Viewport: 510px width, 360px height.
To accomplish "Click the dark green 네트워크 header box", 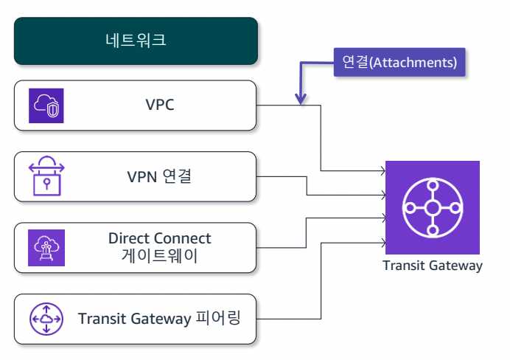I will [x=136, y=40].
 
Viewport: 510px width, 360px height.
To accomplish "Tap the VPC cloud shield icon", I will [x=46, y=105].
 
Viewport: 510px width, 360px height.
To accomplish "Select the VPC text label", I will [x=159, y=104].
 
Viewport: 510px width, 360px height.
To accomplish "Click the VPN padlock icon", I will [x=46, y=176].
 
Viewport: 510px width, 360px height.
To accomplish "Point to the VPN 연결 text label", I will [x=160, y=176].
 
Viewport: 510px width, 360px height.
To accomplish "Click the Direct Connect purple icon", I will [x=46, y=247].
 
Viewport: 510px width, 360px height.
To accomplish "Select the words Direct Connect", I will [x=159, y=238].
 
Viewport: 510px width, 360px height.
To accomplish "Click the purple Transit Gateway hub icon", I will [x=432, y=207].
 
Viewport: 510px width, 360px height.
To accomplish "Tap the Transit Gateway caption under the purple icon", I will [x=433, y=266].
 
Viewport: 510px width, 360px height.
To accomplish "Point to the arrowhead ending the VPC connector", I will [x=382, y=172].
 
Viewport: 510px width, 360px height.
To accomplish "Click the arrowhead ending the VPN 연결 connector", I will [x=382, y=195].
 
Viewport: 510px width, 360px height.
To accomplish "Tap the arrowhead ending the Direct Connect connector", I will [x=382, y=218].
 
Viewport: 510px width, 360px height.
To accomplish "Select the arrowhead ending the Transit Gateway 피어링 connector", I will [x=382, y=241].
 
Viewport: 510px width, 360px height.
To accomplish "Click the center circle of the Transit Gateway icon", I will [x=432, y=207].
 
